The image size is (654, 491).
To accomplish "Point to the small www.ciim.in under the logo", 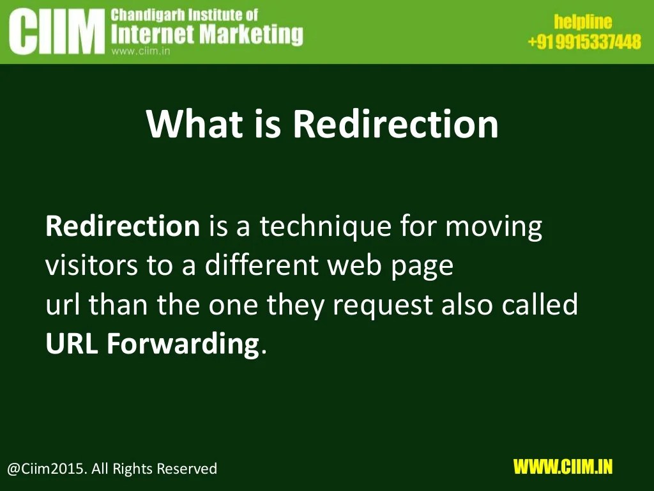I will tap(140, 52).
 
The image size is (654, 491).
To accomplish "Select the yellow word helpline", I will tap(582, 23).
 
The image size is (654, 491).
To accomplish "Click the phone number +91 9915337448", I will tap(584, 42).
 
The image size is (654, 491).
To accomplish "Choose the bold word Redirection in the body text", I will tap(123, 226).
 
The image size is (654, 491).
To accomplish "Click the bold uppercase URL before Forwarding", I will tap(72, 344).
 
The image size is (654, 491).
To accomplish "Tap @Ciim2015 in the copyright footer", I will tap(45, 469).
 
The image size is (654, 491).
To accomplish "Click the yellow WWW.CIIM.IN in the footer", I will tap(563, 467).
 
